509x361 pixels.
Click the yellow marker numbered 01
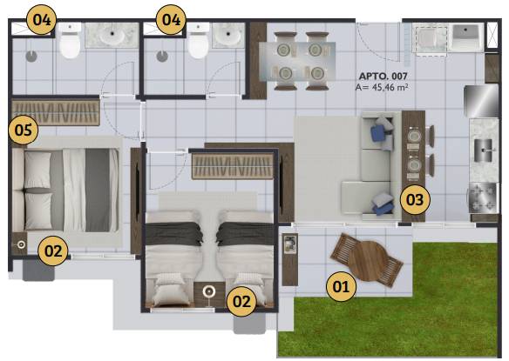(341, 286)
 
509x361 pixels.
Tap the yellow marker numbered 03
(415, 199)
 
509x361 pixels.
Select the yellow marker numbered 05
(24, 130)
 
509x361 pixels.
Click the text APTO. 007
(383, 77)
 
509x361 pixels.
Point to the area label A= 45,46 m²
(382, 87)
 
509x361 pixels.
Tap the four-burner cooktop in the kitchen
(483, 197)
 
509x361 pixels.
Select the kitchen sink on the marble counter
(484, 150)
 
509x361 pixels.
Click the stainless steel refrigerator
(481, 101)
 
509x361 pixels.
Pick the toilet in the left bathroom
(70, 40)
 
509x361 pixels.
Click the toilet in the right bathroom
(199, 40)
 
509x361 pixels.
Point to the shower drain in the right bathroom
(162, 56)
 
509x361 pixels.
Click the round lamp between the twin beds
(208, 291)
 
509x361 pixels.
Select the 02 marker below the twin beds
(241, 301)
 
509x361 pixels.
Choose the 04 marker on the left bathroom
(42, 20)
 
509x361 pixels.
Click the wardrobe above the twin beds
(233, 166)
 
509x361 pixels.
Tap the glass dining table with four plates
(297, 61)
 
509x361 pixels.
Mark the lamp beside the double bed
(21, 244)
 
